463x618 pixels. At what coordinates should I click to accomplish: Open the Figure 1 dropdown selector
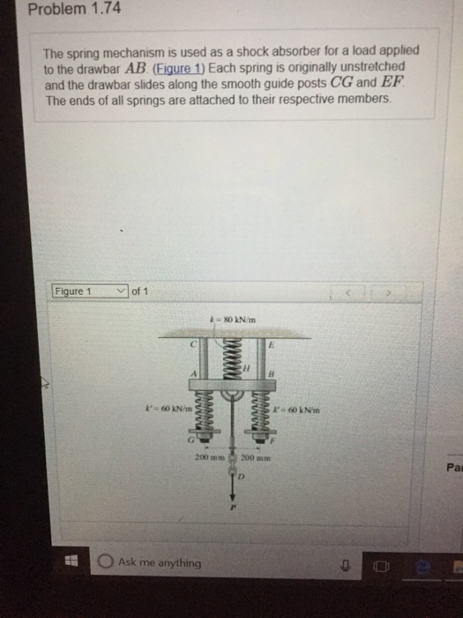click(90, 291)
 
